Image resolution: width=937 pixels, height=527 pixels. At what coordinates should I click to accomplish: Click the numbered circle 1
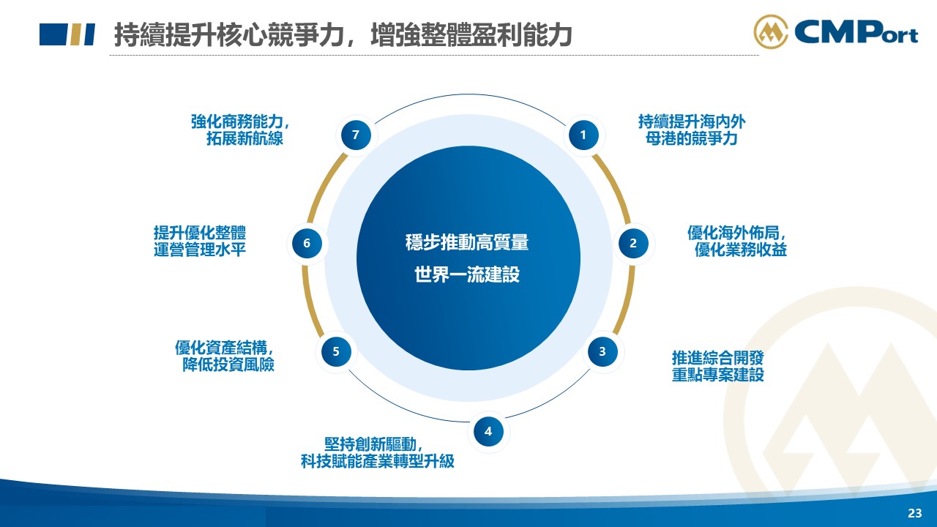click(583, 135)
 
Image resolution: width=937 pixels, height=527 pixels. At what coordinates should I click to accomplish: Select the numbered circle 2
click(633, 244)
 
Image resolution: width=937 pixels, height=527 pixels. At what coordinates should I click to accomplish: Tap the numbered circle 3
click(602, 352)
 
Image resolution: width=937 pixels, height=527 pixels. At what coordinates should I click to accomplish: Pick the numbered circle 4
click(488, 431)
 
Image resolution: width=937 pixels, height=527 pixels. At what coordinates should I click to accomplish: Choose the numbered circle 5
click(336, 352)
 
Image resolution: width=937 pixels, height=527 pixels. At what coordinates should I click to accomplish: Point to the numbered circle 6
click(307, 244)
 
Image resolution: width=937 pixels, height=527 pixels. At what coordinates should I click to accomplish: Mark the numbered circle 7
click(356, 135)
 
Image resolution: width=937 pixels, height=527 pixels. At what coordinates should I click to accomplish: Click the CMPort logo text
click(856, 33)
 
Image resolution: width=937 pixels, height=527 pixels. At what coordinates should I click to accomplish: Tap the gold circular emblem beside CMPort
click(771, 31)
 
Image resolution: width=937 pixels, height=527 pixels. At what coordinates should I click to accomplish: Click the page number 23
click(915, 513)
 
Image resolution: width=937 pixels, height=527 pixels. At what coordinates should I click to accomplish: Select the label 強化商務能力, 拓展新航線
click(240, 130)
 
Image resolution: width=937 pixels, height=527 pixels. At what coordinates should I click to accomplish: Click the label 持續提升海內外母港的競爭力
click(692, 130)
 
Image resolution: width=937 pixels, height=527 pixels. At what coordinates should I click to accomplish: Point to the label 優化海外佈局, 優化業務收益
click(737, 241)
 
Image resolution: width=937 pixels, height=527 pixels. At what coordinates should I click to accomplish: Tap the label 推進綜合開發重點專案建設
click(718, 366)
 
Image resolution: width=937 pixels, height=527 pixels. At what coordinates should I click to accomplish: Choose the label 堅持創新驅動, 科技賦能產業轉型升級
click(377, 453)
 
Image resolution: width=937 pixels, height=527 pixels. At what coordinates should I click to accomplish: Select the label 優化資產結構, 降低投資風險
click(225, 356)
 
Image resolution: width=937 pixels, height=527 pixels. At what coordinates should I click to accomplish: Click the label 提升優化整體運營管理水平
click(200, 241)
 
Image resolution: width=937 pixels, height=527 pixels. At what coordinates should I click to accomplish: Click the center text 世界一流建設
click(467, 274)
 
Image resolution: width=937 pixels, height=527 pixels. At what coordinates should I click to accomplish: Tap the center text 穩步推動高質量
click(467, 242)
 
